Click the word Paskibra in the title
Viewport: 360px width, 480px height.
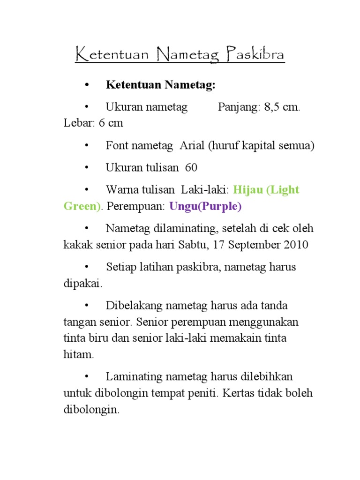click(255, 55)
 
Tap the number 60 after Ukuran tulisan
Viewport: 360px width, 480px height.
click(191, 168)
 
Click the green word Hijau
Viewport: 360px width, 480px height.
click(248, 190)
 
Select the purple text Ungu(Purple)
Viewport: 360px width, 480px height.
click(205, 206)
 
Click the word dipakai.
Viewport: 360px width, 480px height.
click(82, 284)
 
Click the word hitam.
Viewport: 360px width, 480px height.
click(79, 354)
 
